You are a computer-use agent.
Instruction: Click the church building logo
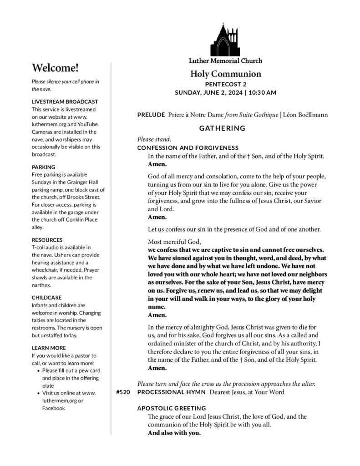225,40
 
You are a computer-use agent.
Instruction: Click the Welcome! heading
55,68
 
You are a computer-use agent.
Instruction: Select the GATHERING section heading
223,128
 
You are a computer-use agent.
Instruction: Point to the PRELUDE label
151,115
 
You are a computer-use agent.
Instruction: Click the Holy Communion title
225,74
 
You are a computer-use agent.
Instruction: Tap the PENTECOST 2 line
225,84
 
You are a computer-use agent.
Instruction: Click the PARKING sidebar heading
43,167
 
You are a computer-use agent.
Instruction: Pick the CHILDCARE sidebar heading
46,298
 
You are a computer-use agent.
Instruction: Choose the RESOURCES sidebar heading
47,240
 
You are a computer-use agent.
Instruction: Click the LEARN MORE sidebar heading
48,348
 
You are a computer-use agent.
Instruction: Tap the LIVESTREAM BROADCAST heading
65,101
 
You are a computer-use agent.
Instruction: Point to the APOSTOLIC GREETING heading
172,408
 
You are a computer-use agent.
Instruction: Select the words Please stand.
154,139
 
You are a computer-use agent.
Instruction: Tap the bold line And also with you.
174,433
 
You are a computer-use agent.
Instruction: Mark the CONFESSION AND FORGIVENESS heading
188,148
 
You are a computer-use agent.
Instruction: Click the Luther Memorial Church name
225,61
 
